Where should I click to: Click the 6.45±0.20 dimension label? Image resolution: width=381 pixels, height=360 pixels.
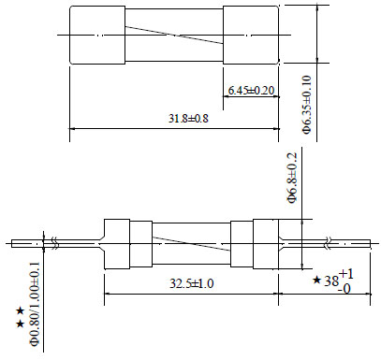coord(251,91)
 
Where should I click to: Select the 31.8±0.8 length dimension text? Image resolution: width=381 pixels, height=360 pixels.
coord(188,119)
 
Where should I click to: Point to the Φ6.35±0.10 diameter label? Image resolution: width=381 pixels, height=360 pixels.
coord(307,105)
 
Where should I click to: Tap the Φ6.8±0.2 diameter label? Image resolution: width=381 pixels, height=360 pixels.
coord(292,178)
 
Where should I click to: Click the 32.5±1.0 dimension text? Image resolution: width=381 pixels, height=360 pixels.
coord(192,283)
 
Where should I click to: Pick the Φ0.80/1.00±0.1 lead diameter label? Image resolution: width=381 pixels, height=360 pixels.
coord(35,304)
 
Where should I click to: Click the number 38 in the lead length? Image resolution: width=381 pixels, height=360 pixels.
coord(331,281)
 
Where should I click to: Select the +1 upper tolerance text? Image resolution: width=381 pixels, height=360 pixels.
coord(346,274)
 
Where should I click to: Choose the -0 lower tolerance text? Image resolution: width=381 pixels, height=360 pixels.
coord(344,289)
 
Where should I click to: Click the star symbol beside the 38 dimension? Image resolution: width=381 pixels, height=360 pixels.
coord(316,281)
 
